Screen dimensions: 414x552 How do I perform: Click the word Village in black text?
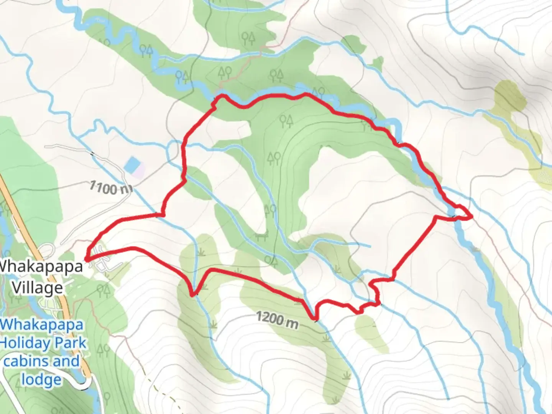38,287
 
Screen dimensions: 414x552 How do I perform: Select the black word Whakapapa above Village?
41,266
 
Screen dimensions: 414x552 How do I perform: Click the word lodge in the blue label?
41,379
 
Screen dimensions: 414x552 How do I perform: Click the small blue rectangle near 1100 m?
131,165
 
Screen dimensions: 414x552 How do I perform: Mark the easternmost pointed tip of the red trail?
472,217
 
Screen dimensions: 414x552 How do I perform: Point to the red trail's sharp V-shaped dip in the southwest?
193,295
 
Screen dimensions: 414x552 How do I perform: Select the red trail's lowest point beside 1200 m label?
315,318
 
